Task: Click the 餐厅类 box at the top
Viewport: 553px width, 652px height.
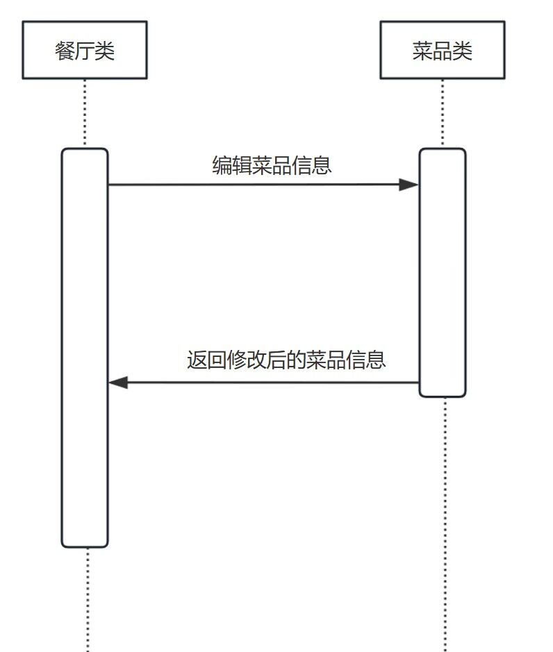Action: pos(85,50)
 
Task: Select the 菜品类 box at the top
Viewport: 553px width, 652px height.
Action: pos(443,50)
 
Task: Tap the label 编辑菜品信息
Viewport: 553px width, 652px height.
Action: pos(272,165)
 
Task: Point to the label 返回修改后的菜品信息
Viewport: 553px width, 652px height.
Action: pos(286,360)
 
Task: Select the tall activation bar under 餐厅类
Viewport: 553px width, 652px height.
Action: pos(85,347)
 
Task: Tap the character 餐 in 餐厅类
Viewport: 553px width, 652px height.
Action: pos(65,51)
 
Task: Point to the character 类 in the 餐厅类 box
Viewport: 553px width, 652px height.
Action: pos(104,51)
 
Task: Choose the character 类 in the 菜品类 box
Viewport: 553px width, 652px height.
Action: pos(462,51)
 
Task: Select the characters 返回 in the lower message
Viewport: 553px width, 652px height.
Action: pos(199,360)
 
